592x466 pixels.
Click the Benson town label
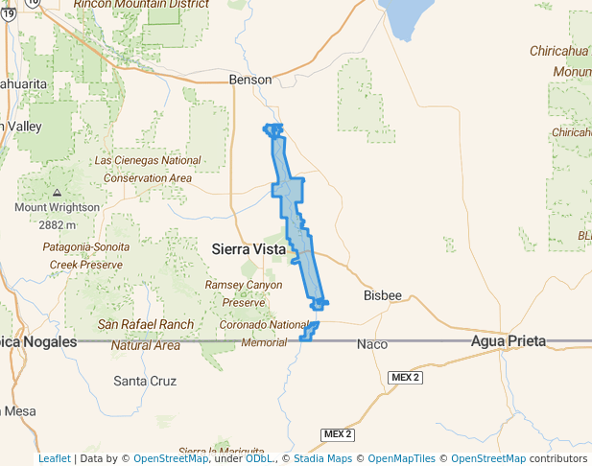(x=252, y=81)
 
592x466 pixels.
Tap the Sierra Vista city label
(x=249, y=249)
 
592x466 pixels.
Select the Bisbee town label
(x=383, y=295)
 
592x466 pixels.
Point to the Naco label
(x=371, y=343)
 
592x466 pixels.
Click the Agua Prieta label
(x=508, y=341)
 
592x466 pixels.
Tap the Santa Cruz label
(x=145, y=381)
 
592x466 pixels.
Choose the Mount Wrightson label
(x=57, y=207)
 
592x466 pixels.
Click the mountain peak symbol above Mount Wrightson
(x=57, y=194)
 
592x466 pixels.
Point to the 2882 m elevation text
(x=58, y=225)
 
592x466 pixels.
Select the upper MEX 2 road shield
(x=405, y=378)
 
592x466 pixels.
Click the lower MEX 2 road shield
(x=338, y=434)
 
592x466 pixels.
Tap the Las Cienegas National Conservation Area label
(x=148, y=169)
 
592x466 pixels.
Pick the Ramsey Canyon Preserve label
(x=244, y=293)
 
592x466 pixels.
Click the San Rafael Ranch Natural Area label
(x=146, y=335)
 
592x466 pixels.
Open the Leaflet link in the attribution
(x=55, y=458)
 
